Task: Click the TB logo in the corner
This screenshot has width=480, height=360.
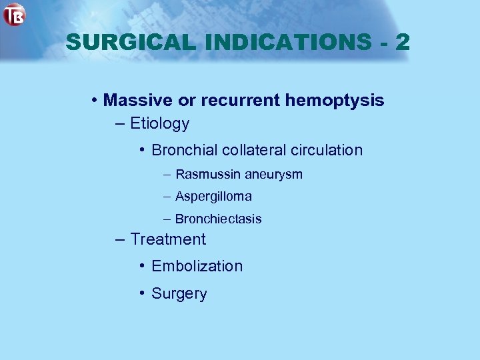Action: click(x=14, y=14)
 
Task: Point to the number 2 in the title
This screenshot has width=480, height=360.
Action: click(x=402, y=43)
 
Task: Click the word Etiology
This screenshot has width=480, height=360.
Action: click(x=160, y=124)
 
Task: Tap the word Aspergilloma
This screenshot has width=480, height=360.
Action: click(x=213, y=197)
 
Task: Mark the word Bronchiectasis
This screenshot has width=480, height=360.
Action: click(x=218, y=219)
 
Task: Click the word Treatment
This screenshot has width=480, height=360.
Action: click(x=168, y=239)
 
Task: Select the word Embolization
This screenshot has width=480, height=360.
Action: click(x=197, y=266)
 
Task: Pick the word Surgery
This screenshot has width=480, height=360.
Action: click(x=179, y=294)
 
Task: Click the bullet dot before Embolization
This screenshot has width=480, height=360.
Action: click(x=143, y=266)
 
